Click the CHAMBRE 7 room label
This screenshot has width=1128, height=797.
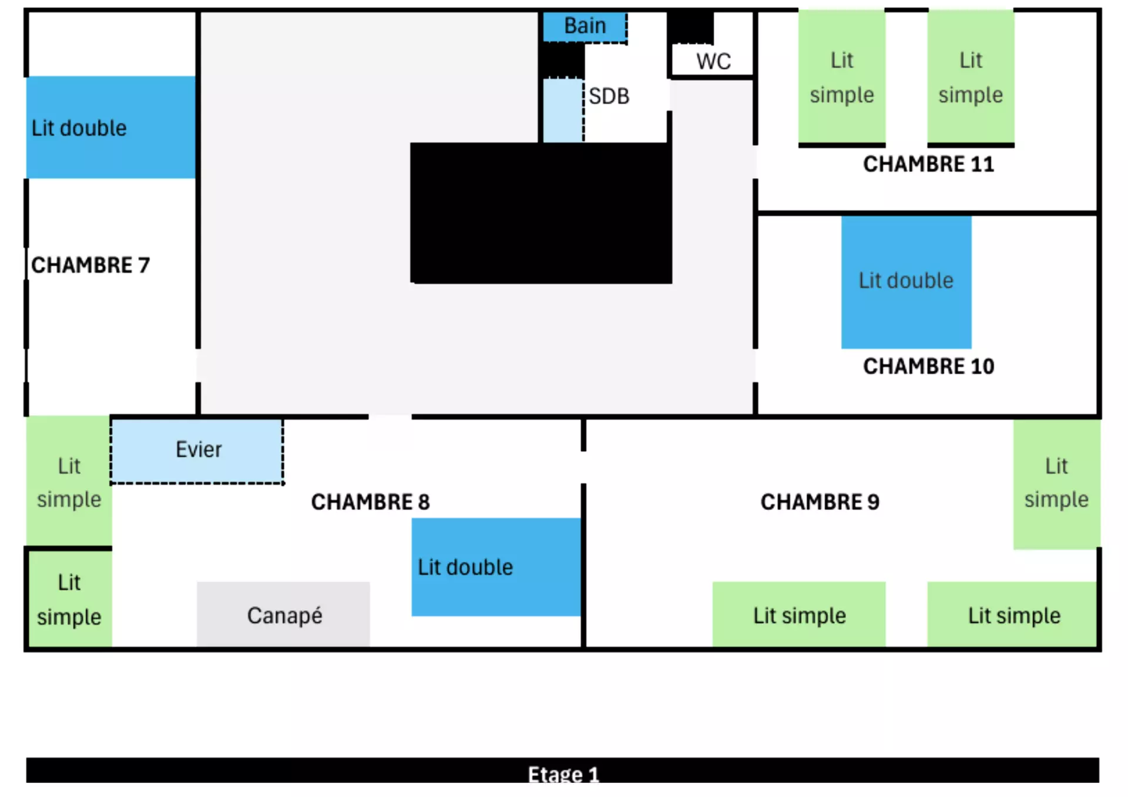tap(90, 265)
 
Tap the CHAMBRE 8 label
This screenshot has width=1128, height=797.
tap(370, 502)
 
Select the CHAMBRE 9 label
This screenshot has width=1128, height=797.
tap(820, 502)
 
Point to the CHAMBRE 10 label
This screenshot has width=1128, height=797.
tap(928, 366)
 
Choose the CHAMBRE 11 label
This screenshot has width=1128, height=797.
tap(928, 164)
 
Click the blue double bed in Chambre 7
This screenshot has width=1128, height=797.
tap(111, 127)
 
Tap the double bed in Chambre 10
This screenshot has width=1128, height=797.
tap(906, 283)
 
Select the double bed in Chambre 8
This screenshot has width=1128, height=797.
tap(496, 567)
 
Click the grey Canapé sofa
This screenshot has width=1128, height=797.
tap(283, 614)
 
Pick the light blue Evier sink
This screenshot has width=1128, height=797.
tap(197, 451)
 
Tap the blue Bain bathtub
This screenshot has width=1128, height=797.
tap(585, 27)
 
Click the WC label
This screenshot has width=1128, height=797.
tap(714, 61)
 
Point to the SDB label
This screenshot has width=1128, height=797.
tap(609, 96)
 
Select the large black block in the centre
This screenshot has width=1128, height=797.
tap(541, 213)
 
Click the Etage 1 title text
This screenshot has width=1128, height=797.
tap(563, 775)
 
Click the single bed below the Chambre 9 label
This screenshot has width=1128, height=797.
tap(799, 614)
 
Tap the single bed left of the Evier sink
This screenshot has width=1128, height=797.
tap(69, 480)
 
